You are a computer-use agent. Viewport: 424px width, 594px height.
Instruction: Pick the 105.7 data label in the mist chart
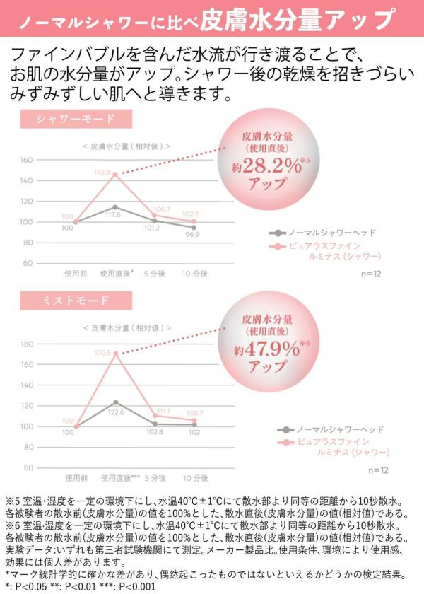(192, 413)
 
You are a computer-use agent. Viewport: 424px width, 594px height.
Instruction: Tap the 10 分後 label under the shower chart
(193, 272)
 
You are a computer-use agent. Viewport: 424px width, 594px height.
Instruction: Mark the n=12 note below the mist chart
(381, 470)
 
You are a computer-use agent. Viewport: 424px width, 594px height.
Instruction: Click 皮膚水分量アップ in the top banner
(296, 19)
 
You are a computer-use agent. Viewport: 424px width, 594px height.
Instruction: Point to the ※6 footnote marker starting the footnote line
(13, 524)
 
